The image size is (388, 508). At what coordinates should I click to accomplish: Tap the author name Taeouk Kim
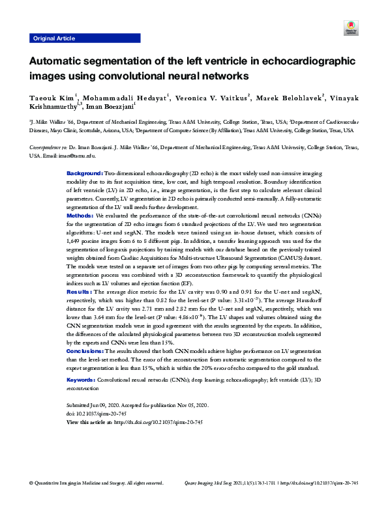(52, 98)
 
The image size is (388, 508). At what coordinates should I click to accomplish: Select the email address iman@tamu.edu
(64, 156)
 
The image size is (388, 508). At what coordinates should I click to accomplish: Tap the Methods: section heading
(80, 214)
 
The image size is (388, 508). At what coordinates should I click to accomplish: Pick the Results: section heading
(80, 292)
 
